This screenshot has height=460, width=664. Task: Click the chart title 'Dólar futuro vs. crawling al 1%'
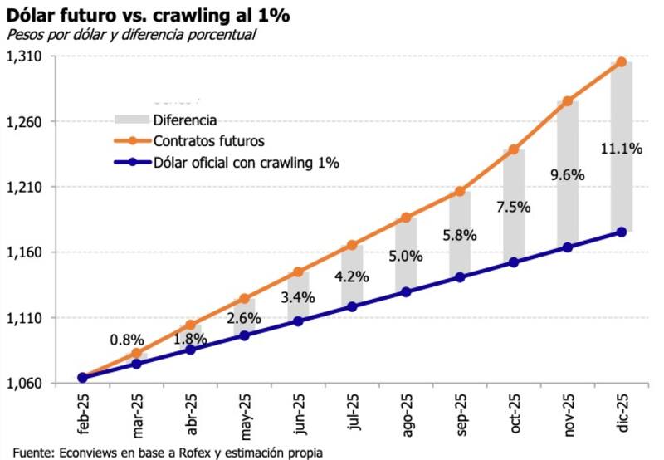[148, 14]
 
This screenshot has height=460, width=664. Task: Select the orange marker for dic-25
[621, 61]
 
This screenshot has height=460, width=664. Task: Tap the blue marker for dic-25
[621, 232]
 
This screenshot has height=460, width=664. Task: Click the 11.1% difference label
[621, 149]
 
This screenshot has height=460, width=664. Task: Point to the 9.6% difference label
[567, 175]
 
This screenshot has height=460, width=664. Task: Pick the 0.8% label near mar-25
[127, 340]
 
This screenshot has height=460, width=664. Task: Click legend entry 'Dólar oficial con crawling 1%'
[247, 162]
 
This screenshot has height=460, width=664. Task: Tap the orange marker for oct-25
[514, 149]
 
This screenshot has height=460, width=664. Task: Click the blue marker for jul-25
[352, 306]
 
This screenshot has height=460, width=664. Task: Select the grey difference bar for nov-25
[567, 208]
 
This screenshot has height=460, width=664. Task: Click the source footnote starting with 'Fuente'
[167, 452]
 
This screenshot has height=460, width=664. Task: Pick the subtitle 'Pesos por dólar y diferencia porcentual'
[131, 34]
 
